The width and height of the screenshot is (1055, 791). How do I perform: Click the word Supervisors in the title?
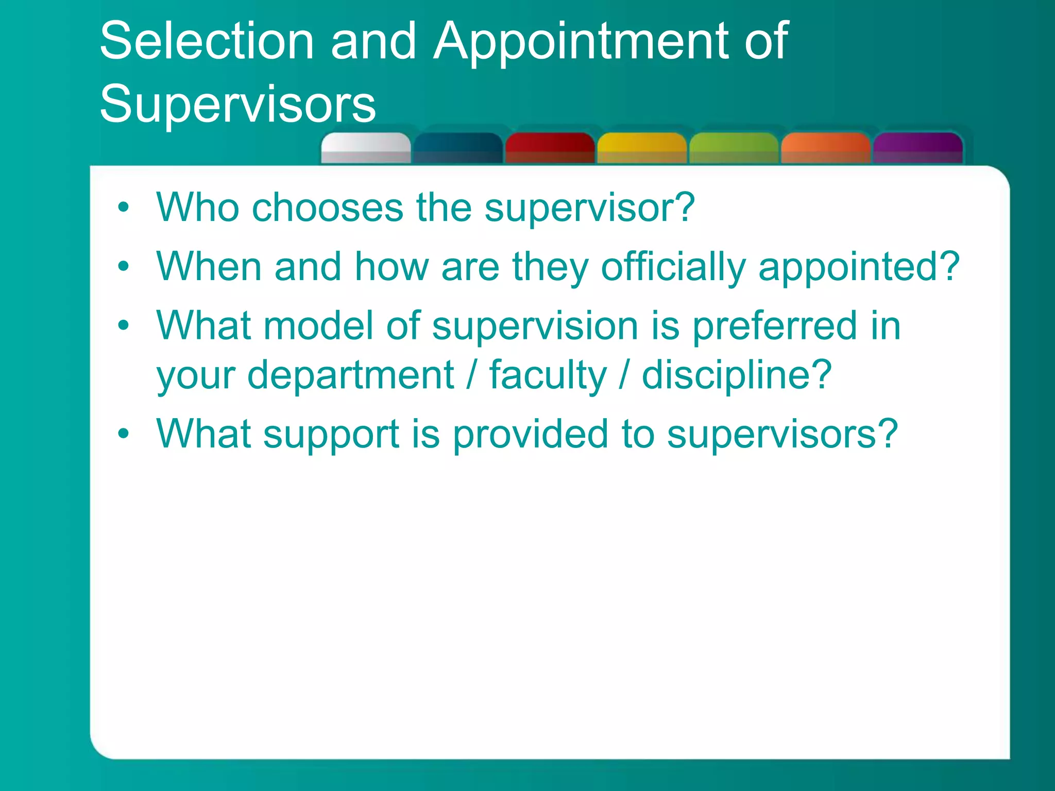click(x=237, y=105)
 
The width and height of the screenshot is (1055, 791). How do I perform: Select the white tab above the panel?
click(x=366, y=148)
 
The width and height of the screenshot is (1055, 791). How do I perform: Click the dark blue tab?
click(x=457, y=148)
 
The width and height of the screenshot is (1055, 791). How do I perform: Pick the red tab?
click(x=550, y=148)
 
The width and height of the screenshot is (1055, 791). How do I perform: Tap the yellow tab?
click(x=641, y=148)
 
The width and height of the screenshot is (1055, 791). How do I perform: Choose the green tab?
click(x=734, y=148)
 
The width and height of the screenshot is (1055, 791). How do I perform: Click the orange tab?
click(x=825, y=148)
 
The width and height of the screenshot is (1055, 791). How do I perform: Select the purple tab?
click(x=917, y=148)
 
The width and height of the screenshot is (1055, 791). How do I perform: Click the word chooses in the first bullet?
click(x=327, y=208)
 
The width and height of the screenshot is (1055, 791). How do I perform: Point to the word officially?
click(x=673, y=267)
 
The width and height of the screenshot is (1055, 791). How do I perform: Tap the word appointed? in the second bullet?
click(x=859, y=267)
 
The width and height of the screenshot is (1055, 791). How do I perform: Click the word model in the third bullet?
click(x=318, y=326)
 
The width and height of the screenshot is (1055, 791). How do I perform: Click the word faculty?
click(x=548, y=375)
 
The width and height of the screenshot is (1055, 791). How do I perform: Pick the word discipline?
click(x=737, y=375)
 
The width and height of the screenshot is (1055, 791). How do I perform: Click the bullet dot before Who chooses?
click(x=123, y=208)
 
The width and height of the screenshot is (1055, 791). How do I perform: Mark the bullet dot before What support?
click(x=123, y=434)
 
